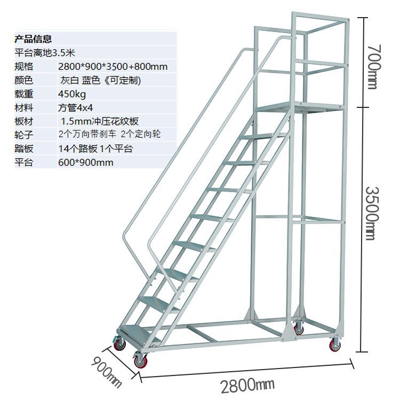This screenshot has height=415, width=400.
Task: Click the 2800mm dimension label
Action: (x=247, y=385)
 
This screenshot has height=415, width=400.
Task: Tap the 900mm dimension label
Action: (x=107, y=372)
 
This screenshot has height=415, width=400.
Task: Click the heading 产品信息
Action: (x=33, y=38)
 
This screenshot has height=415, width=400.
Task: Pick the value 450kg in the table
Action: (x=72, y=94)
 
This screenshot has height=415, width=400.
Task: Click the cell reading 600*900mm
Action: (x=85, y=162)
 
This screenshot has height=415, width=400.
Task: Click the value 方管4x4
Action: (x=75, y=107)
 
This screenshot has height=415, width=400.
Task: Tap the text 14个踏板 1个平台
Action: (x=95, y=148)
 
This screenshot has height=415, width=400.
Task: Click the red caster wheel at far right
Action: (x=335, y=346)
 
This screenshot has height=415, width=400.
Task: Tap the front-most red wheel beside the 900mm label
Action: (x=141, y=362)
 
